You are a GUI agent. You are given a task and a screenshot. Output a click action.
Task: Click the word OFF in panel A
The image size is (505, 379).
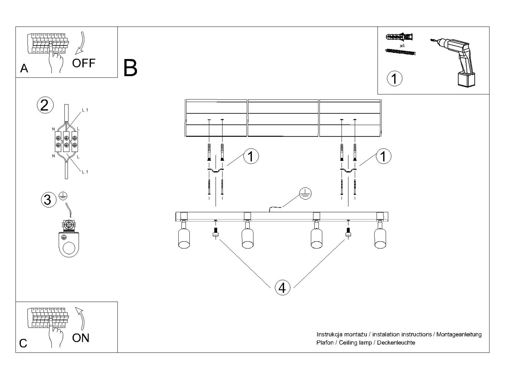pos(84,63)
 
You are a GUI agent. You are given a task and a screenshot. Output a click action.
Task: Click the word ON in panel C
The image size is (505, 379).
pos(81,338)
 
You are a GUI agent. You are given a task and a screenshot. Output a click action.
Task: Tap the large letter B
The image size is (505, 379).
pos(130,68)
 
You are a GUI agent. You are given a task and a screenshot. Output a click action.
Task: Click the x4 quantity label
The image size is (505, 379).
pos(402,46)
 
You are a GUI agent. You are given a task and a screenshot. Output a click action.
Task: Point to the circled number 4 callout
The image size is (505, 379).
pos(282,288)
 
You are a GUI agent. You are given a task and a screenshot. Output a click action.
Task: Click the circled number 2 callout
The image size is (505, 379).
pos(45,105)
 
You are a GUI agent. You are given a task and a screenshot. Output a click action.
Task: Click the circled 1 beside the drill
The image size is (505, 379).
pos(394,79)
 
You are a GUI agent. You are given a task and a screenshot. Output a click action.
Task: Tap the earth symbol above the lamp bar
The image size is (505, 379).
pos(305,194)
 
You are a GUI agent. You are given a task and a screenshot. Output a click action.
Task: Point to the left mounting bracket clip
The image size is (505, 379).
pos(215,171)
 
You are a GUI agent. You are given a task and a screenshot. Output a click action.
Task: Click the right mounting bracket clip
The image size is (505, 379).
pos(348,171)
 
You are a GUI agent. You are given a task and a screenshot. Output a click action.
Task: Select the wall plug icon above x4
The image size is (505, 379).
pos(399,37)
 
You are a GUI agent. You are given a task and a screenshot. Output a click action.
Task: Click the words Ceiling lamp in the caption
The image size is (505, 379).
pos(355,343)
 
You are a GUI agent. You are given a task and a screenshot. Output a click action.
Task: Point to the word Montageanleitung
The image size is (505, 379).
pos(459,334)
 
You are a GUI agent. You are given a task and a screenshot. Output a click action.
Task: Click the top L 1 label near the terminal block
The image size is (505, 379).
pos(85,110)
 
